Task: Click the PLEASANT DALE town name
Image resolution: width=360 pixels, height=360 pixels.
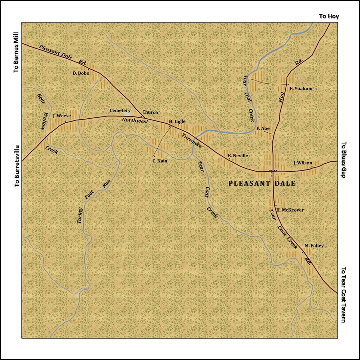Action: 262,184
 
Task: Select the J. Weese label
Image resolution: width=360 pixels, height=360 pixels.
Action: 61,116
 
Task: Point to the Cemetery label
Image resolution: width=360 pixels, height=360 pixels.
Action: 120,111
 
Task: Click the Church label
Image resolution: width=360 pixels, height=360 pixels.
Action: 150,112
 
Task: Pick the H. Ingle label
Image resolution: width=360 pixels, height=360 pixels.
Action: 177,122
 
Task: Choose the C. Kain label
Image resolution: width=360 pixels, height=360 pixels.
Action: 160,161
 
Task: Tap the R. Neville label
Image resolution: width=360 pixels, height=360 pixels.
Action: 238,156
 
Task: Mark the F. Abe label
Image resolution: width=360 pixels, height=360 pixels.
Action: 263,128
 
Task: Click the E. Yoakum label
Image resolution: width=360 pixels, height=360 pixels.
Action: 301,89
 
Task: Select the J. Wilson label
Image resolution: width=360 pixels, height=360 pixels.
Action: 302,163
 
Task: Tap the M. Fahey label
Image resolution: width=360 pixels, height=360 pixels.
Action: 314,246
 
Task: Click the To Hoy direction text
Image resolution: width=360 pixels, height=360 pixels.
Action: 329,16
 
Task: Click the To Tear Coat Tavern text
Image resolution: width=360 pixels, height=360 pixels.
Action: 344,295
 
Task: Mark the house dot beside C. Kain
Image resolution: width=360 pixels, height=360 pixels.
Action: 154,156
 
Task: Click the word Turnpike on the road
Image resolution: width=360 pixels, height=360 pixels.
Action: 192,141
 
